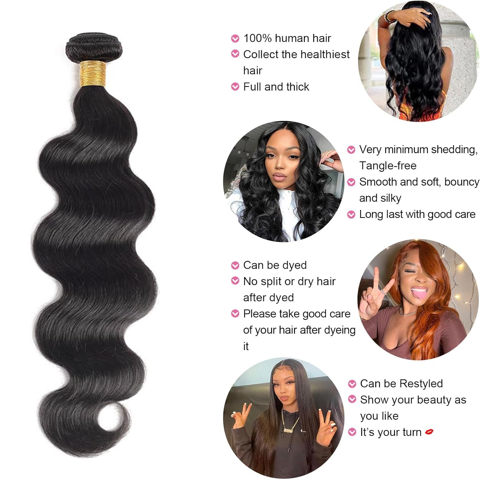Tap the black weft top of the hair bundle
click(x=94, y=48)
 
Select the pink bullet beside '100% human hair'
click(x=235, y=39)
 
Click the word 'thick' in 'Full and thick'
click(x=298, y=87)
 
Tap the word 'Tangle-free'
click(x=388, y=166)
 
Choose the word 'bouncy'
click(x=461, y=182)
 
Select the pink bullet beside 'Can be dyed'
click(x=235, y=265)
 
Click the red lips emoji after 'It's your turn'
click(x=429, y=432)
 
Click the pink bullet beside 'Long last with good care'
click(x=351, y=215)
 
